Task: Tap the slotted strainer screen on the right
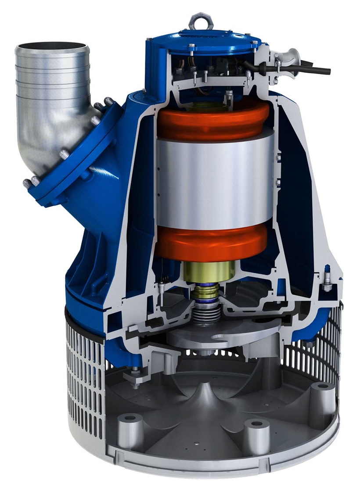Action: pyautogui.click(x=327, y=347)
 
